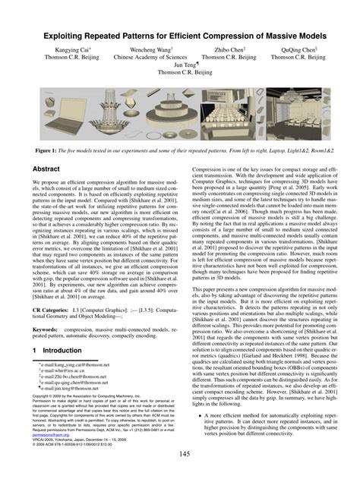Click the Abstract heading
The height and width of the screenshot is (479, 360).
[x=46, y=171]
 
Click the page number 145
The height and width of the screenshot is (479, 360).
[x=179, y=453]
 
